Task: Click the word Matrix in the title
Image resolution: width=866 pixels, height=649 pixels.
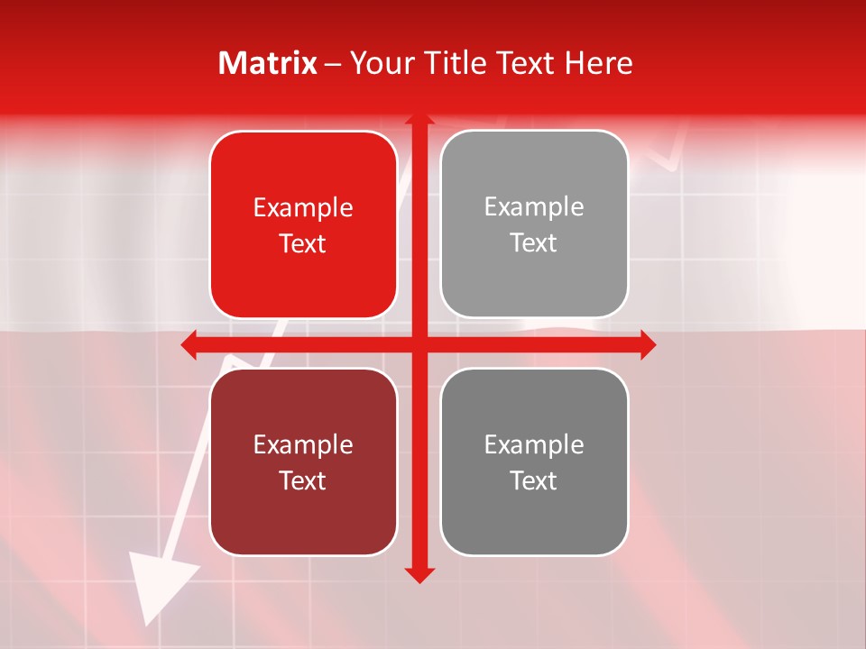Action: (x=268, y=63)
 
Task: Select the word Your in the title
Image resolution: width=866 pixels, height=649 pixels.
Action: (x=378, y=63)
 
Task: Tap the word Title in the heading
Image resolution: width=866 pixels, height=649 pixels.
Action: (x=450, y=63)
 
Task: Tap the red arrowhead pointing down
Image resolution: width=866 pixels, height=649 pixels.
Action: (x=419, y=574)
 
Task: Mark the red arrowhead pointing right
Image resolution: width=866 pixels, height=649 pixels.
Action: (x=648, y=344)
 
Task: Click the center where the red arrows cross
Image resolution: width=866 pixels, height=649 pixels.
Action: (x=419, y=344)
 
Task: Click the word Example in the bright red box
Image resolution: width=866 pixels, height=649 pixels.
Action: (x=303, y=208)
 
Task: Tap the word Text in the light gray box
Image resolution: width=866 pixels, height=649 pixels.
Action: (x=534, y=243)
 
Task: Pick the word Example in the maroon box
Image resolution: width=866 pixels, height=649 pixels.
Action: (x=303, y=444)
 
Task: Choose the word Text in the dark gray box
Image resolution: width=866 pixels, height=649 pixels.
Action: (x=534, y=480)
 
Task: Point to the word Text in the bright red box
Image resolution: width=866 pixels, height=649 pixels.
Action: (x=303, y=244)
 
